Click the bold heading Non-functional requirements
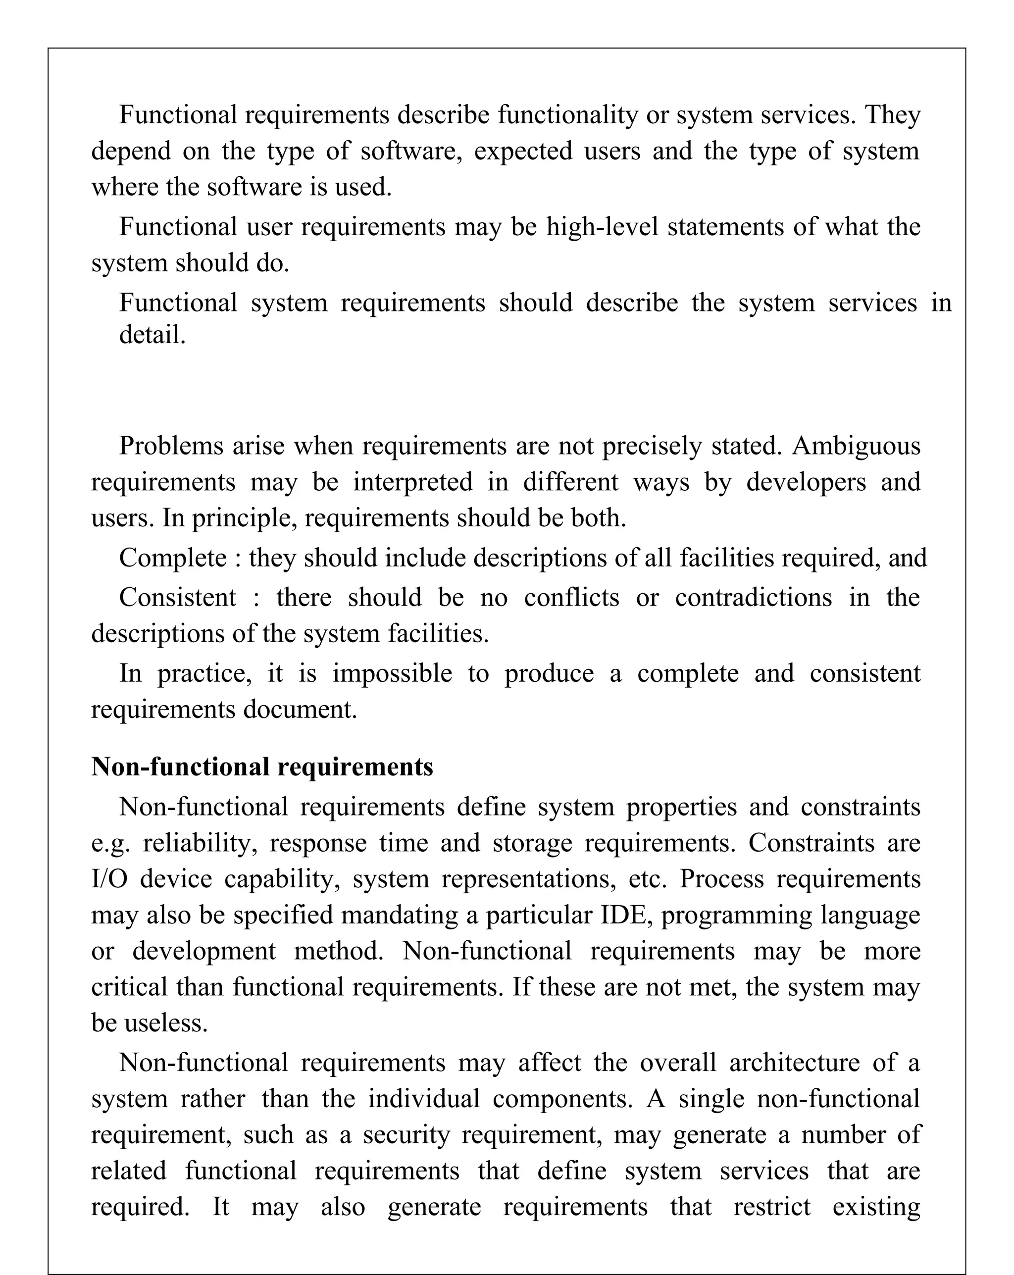tap(262, 767)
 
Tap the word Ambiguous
tap(856, 447)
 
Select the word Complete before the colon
tap(173, 558)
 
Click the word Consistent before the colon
tap(177, 597)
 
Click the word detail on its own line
tap(152, 335)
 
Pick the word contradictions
tap(753, 597)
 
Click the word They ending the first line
tap(893, 115)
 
